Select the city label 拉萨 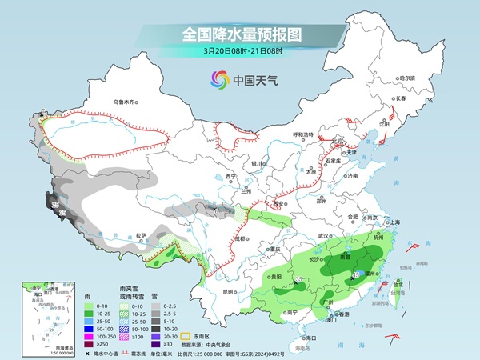(141, 235)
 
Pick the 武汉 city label (323, 236)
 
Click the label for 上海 (393, 222)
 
